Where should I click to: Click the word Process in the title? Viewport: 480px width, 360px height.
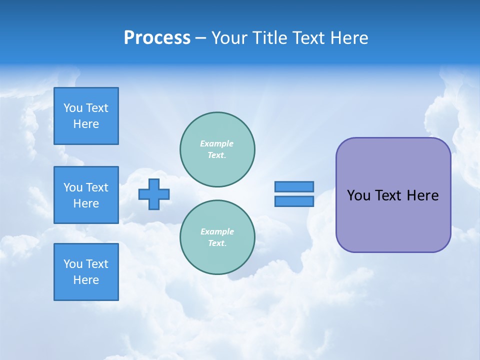tap(157, 38)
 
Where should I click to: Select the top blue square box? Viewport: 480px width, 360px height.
tap(86, 116)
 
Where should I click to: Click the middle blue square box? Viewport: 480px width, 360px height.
tap(86, 195)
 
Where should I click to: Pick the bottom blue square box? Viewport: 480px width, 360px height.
tap(86, 272)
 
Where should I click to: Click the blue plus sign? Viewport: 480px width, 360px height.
tap(154, 194)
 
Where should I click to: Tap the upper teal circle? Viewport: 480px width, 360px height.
tap(217, 149)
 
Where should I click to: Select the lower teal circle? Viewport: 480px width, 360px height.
tap(217, 237)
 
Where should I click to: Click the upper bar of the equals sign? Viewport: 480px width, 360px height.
tap(294, 186)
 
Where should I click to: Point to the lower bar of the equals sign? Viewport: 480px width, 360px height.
tap(294, 201)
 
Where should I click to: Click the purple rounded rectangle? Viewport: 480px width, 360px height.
tap(393, 220)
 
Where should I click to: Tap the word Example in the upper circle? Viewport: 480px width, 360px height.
tap(216, 144)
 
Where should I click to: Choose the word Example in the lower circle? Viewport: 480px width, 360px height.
tap(217, 232)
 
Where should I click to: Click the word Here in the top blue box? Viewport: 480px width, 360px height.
tap(86, 124)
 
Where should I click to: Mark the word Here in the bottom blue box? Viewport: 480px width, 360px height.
tap(86, 280)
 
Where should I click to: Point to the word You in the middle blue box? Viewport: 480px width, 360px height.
tap(73, 187)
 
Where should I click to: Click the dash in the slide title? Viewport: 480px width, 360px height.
tap(200, 38)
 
